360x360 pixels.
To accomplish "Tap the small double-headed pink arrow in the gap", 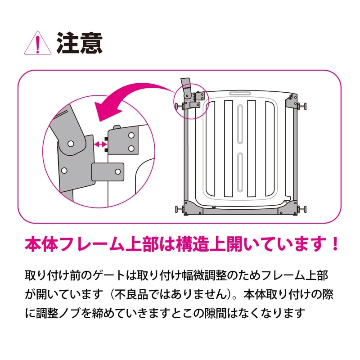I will [x=100, y=144].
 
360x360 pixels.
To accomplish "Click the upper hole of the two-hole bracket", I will [x=131, y=135].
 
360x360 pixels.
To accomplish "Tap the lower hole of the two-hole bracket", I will [x=131, y=148].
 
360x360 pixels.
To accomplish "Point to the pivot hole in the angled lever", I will [x=71, y=143].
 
